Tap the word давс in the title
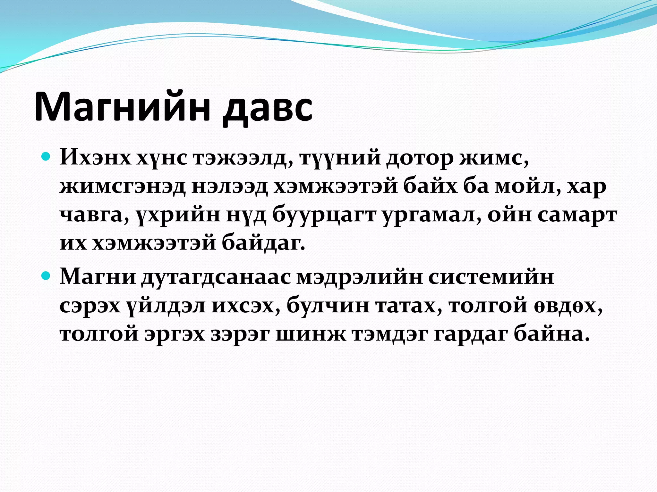coord(268,107)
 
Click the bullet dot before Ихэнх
coord(47,157)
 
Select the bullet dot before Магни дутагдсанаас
coord(47,275)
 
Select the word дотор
coord(419,158)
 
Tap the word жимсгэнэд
coord(122,186)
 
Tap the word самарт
coord(577,215)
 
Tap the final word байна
coord(552,334)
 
